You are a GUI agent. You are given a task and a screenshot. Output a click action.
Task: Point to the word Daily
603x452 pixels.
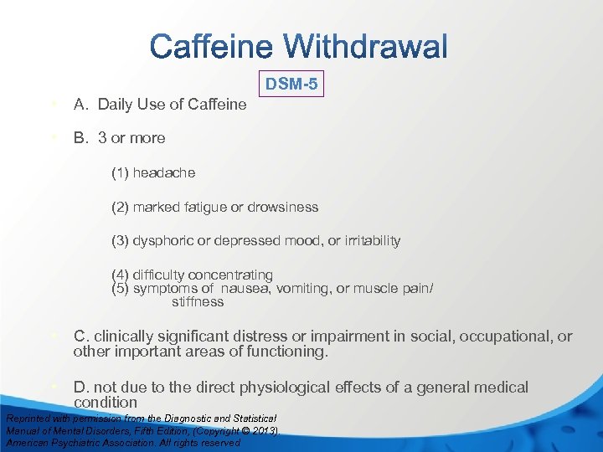pyautogui.click(x=114, y=105)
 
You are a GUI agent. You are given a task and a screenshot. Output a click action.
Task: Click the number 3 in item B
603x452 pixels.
pyautogui.click(x=102, y=138)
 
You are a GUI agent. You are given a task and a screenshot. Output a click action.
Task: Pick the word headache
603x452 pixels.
pyautogui.click(x=163, y=172)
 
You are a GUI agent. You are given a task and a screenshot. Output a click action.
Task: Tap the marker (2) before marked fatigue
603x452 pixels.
pyautogui.click(x=121, y=207)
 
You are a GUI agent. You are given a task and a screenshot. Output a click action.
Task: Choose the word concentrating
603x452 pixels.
pyautogui.click(x=230, y=275)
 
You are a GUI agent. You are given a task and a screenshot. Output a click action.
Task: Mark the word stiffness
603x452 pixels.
pyautogui.click(x=198, y=301)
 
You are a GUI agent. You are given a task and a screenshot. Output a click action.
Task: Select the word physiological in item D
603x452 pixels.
pyautogui.click(x=284, y=388)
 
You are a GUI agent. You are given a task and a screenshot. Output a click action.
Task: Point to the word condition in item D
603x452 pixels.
pyautogui.click(x=106, y=403)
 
